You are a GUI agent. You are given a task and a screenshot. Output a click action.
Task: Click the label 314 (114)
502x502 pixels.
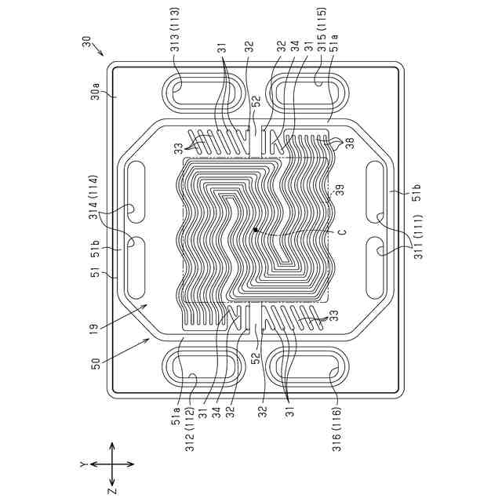click(94, 198)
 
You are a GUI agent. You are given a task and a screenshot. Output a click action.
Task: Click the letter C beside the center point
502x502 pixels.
click(343, 232)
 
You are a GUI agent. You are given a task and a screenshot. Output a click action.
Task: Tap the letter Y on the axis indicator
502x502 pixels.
click(81, 464)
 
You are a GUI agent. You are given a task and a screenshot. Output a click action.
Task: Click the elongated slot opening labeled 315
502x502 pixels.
click(307, 93)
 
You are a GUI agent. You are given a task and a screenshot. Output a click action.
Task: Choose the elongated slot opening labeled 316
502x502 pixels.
click(307, 369)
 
